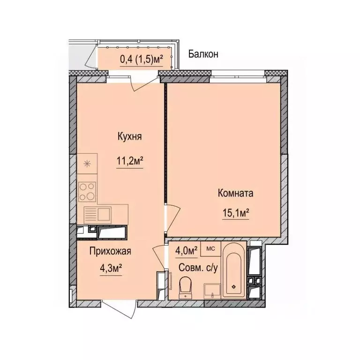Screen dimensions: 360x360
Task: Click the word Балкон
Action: pyautogui.click(x=203, y=54)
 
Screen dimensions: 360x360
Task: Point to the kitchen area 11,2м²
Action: pyautogui.click(x=130, y=161)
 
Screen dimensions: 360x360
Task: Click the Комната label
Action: pyautogui.click(x=235, y=193)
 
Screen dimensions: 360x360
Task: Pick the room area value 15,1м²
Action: pyautogui.click(x=235, y=213)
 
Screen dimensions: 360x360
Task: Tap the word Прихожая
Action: pyautogui.click(x=110, y=251)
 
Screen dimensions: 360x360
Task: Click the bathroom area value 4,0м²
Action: pyautogui.click(x=186, y=249)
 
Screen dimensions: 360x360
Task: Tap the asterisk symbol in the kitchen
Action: pyautogui.click(x=86, y=164)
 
